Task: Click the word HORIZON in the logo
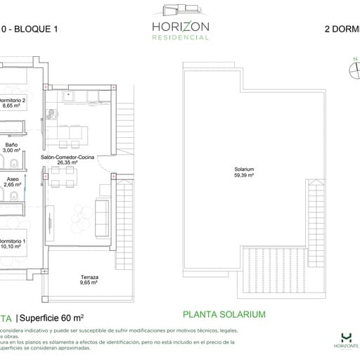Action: pyautogui.click(x=179, y=27)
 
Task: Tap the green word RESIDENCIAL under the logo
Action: pyautogui.click(x=179, y=38)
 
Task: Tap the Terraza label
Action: pyautogui.click(x=89, y=277)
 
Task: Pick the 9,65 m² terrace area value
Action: pyautogui.click(x=89, y=283)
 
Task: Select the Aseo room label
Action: pyautogui.click(x=12, y=179)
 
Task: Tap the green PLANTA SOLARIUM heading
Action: pyautogui.click(x=224, y=315)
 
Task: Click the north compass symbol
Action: pyautogui.click(x=354, y=69)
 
